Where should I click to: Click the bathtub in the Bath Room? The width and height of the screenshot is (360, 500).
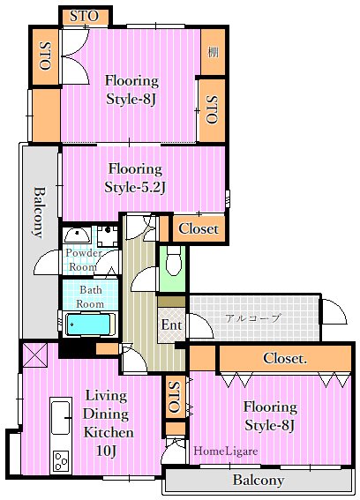90,325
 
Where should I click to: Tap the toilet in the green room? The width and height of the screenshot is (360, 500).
173,263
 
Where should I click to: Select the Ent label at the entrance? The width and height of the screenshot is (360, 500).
171,325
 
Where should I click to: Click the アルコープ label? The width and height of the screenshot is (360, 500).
252,318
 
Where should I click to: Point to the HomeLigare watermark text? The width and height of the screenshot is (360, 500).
226,451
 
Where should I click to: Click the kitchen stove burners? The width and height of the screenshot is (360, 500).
61,461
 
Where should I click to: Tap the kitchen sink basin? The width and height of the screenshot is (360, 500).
61,417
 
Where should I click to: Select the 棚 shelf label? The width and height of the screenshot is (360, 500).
213,52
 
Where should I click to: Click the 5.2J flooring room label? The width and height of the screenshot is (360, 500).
135,178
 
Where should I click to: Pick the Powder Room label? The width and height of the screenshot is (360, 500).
84,259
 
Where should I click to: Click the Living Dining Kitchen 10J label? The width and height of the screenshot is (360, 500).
108,423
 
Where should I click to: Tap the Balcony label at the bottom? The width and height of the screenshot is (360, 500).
259,480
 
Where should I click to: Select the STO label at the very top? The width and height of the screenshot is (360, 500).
84,16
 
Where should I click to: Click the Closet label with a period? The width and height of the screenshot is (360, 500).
285,358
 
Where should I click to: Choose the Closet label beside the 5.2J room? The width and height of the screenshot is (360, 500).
199,228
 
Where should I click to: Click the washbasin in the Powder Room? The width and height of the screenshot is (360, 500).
78,235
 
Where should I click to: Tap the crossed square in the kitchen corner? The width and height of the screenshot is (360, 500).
34,354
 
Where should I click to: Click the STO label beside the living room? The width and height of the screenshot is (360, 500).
174,397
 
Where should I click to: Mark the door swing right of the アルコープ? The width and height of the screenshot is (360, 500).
334,311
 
